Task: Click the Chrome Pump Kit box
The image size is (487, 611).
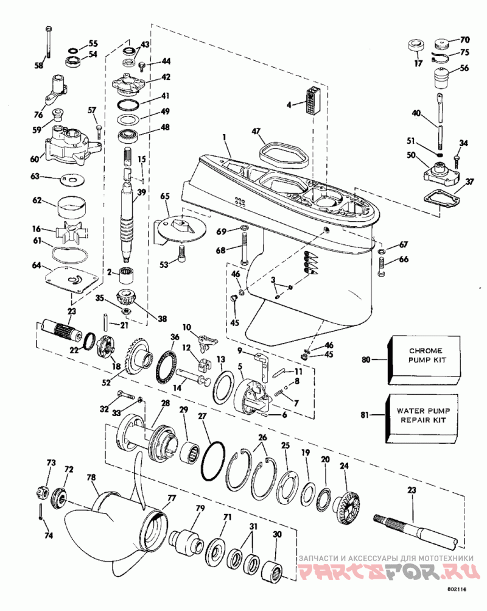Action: pos(424,360)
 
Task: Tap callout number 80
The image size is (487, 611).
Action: pos(366,359)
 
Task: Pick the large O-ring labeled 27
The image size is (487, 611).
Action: pos(213,461)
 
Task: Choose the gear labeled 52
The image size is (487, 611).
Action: pos(138,357)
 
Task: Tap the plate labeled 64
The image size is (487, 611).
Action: pos(71,279)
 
